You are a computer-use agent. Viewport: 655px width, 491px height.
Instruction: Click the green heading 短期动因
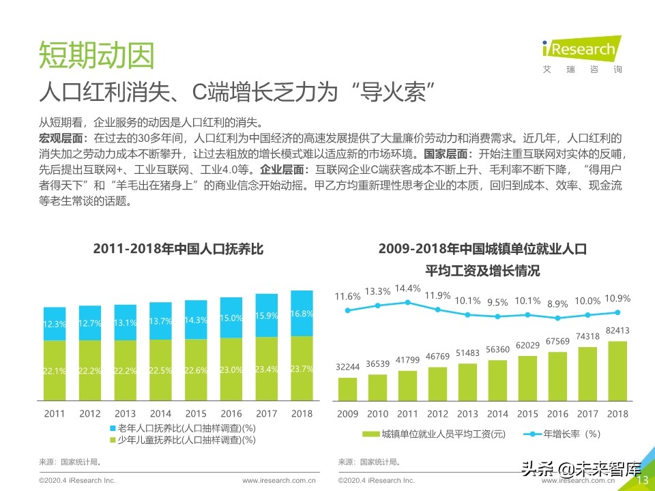(x=96, y=56)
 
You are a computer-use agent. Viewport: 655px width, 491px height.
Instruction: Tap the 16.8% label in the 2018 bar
(x=302, y=314)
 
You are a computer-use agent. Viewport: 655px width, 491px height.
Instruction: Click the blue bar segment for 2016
(x=231, y=317)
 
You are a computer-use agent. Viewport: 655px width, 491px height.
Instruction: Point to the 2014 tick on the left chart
(x=160, y=413)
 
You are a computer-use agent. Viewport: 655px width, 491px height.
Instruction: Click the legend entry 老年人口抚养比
(x=182, y=428)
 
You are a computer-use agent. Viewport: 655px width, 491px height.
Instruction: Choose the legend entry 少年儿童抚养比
(x=182, y=441)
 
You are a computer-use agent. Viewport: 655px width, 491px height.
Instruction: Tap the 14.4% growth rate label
(x=408, y=288)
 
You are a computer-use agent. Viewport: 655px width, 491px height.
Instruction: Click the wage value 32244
(x=348, y=367)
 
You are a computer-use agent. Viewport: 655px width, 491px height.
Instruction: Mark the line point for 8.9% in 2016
(x=557, y=318)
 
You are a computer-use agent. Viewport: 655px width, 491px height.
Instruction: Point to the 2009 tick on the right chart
(x=348, y=413)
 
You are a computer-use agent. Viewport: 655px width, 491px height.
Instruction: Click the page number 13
(x=642, y=481)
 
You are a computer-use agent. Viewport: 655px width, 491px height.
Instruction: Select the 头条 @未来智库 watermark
(x=580, y=469)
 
